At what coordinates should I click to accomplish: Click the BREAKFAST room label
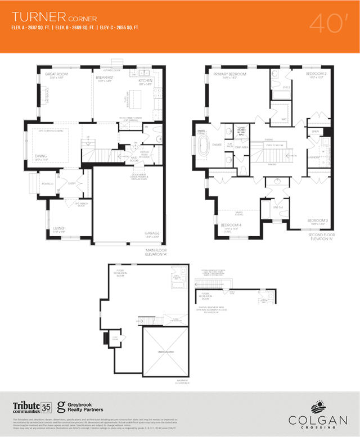coord(105,76)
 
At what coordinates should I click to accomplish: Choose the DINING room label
coord(40,156)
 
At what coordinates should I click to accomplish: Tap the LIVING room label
coord(58,228)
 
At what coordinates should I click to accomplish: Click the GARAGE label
coord(152,232)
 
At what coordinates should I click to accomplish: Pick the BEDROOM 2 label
coord(316,74)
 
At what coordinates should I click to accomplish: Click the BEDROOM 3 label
coord(317,220)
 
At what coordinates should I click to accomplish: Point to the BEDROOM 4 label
coord(231,225)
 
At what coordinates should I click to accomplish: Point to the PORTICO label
coord(48,184)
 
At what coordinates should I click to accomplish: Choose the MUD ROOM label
coord(135,159)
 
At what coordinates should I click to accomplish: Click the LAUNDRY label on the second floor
coord(313,157)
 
